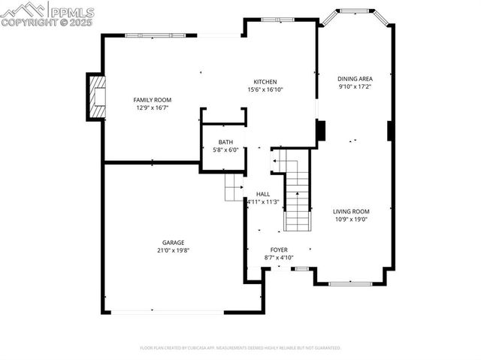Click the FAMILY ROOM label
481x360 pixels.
tap(153, 100)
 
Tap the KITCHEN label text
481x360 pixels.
tap(265, 82)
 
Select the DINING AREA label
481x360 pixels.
tap(355, 78)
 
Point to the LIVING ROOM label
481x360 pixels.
tap(351, 211)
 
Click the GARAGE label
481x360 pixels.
tap(173, 243)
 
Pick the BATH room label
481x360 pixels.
tap(225, 142)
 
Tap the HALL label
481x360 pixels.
tap(262, 194)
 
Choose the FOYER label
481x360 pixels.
tap(279, 250)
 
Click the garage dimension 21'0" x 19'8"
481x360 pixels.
tap(173, 251)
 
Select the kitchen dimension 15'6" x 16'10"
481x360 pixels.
tap(265, 90)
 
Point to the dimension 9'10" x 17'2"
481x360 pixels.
tap(355, 86)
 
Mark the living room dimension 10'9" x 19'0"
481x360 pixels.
tap(351, 219)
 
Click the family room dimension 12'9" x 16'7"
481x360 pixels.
tap(153, 108)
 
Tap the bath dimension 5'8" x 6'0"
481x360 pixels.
tap(225, 150)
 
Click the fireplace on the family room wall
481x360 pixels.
tap(96, 97)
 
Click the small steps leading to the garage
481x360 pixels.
tap(234, 187)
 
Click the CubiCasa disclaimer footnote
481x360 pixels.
tap(240, 348)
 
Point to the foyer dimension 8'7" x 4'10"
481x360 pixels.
tap(279, 258)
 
